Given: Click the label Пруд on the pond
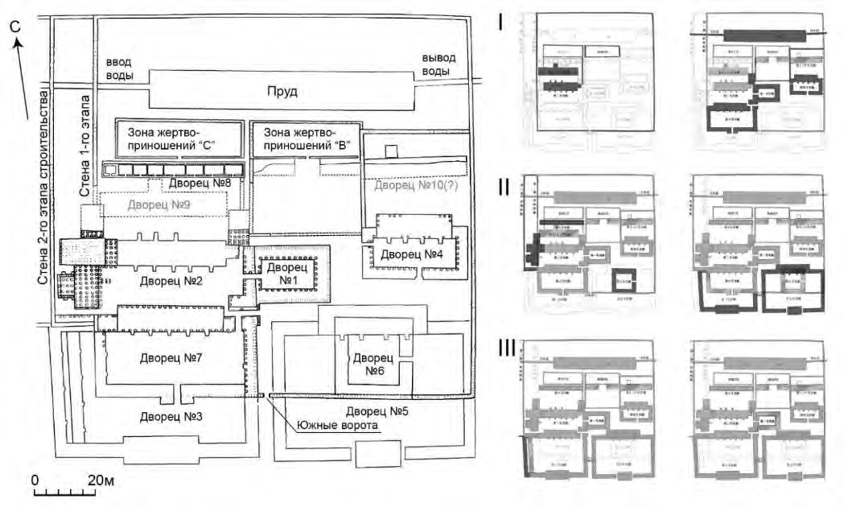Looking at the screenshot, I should click(283, 92).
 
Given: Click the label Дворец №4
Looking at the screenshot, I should click(412, 255).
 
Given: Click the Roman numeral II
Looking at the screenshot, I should click(504, 188).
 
